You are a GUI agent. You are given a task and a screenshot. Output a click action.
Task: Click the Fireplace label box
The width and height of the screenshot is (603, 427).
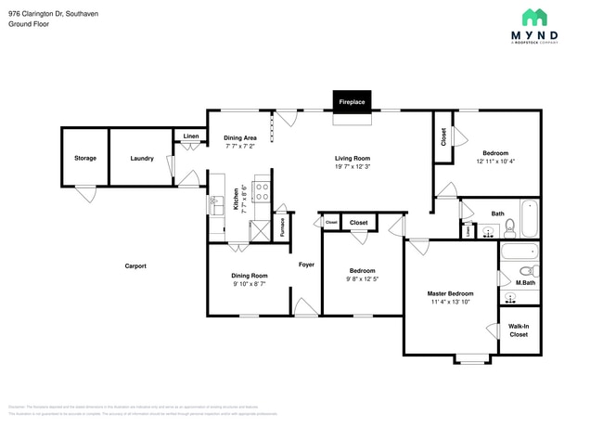point(352,100)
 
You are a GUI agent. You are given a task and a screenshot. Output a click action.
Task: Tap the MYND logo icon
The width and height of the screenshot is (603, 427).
point(534,17)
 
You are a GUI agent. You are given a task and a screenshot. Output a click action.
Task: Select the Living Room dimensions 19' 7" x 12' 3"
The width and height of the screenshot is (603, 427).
point(353,168)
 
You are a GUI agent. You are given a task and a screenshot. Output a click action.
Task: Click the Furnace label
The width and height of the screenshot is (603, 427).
point(283,228)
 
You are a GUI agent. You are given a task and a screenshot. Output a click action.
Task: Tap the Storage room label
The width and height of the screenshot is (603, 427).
point(84,159)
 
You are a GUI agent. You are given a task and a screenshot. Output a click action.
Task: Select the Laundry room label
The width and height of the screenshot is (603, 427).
point(142,159)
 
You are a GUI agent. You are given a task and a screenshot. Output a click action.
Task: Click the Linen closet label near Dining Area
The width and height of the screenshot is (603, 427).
point(190,136)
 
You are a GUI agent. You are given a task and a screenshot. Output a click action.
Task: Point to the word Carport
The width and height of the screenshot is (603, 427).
point(135,265)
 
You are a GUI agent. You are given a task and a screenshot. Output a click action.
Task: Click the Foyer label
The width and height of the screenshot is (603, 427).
point(306,265)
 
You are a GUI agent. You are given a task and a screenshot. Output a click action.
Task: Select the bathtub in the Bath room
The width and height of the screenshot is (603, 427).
point(529,219)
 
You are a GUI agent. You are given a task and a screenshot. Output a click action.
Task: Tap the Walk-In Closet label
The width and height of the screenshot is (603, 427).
point(519,330)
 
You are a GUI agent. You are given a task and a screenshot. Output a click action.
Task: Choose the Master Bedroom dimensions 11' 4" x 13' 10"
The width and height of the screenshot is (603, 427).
point(450,302)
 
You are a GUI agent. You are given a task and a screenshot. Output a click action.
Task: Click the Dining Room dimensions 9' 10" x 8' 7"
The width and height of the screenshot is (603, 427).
point(249,284)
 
